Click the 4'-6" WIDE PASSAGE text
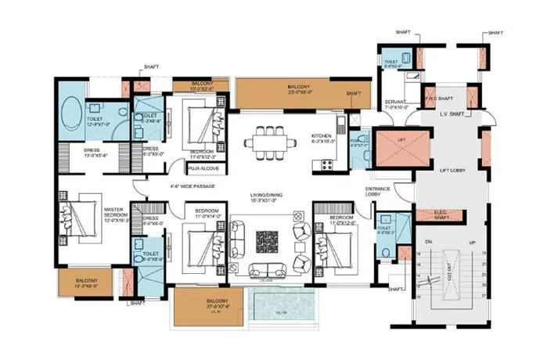coord(192,186)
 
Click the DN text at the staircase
coord(428,241)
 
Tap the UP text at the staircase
coord(471,241)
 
